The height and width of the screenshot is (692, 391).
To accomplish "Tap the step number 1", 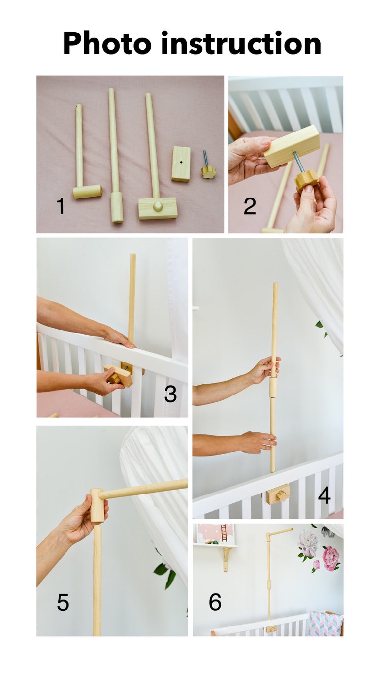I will [61, 206].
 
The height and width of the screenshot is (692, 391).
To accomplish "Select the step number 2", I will [250, 206].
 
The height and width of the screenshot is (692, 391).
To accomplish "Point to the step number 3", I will [170, 395].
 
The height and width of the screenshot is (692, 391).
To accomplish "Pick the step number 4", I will [324, 495].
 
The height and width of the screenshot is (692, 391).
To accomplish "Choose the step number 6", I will [215, 602].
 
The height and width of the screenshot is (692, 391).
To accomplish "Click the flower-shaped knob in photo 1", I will [208, 172].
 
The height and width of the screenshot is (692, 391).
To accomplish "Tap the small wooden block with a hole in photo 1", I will [181, 164].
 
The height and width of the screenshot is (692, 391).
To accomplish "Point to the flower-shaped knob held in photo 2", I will [306, 180].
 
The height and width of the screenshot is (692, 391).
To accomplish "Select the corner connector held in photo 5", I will [98, 505].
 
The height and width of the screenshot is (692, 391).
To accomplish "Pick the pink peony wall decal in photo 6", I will [330, 558].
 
